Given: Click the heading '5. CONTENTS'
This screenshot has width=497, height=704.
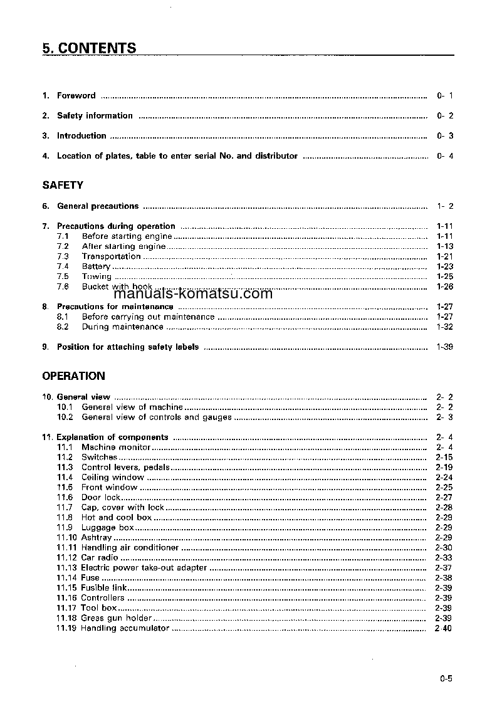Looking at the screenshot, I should (89, 48).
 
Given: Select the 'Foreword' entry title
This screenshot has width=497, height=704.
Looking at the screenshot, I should (76, 96).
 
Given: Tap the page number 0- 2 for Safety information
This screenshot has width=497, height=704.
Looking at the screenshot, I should (444, 116).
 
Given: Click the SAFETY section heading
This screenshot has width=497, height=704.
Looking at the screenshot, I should (63, 186).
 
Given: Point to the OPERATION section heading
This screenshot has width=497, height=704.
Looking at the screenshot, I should (73, 376).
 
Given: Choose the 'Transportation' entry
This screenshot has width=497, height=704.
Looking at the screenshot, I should (111, 256).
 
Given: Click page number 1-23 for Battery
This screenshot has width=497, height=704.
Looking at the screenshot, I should (444, 266).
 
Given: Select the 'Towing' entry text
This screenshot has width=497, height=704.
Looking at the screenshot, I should (97, 276).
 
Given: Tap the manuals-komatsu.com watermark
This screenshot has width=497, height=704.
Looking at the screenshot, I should (193, 294).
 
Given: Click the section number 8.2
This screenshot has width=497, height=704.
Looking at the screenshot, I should (63, 327).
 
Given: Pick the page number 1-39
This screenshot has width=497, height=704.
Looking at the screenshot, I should (444, 347).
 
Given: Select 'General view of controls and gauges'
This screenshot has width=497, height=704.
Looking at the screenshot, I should (157, 417).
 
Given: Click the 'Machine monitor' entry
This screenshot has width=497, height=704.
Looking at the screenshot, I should (116, 447).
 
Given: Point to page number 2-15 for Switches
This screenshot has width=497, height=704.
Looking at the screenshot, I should (444, 457).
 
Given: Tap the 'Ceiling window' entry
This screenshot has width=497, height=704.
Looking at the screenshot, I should (112, 477).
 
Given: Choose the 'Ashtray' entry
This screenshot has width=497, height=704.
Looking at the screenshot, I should (97, 537).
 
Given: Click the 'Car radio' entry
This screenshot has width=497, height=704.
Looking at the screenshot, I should (100, 557).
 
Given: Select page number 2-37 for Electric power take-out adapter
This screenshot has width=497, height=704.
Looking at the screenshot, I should (444, 567).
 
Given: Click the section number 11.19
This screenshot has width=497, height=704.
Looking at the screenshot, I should (66, 628).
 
